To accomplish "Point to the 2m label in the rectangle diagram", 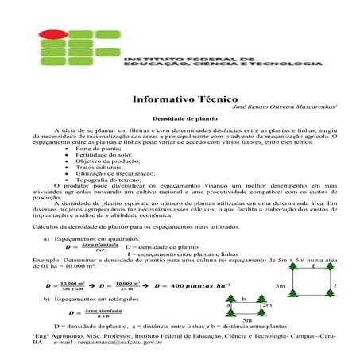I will [267, 304].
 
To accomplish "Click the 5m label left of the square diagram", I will [280, 285].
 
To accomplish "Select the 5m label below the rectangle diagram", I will [247, 319].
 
